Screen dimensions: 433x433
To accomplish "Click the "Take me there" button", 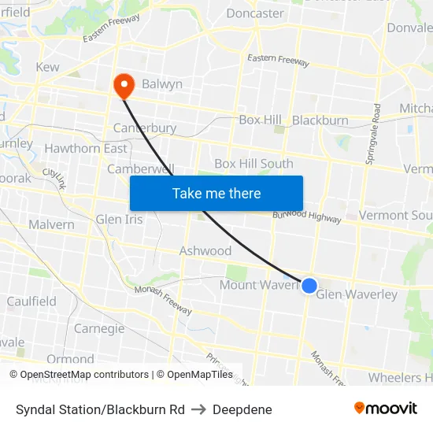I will click(216, 193).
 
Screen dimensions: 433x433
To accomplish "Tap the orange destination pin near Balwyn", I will click(124, 85).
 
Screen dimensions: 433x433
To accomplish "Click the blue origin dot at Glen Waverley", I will click(309, 286).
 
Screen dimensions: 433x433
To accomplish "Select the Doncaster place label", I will click(255, 13).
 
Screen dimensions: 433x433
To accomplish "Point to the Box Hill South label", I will click(254, 164).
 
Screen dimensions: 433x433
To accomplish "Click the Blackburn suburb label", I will click(320, 120).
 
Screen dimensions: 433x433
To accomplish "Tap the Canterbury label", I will click(145, 128).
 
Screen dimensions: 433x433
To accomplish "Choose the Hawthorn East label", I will click(86, 148).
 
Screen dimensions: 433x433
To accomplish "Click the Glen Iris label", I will click(120, 219).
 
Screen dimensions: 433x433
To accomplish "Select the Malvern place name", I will click(51, 224).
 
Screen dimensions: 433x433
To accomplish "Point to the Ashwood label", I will click(205, 250).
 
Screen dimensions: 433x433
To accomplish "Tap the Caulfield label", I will click(31, 301).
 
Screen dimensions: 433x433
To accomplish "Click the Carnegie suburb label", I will click(99, 328).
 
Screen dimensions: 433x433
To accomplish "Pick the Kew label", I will click(47, 67).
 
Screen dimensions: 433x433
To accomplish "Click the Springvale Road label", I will click(372, 134).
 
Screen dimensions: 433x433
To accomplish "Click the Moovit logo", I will click(386, 408).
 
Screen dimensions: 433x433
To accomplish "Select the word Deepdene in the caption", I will click(242, 409).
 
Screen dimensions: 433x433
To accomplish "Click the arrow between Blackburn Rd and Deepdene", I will click(198, 409).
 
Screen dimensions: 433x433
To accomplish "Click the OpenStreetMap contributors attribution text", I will click(85, 375).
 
